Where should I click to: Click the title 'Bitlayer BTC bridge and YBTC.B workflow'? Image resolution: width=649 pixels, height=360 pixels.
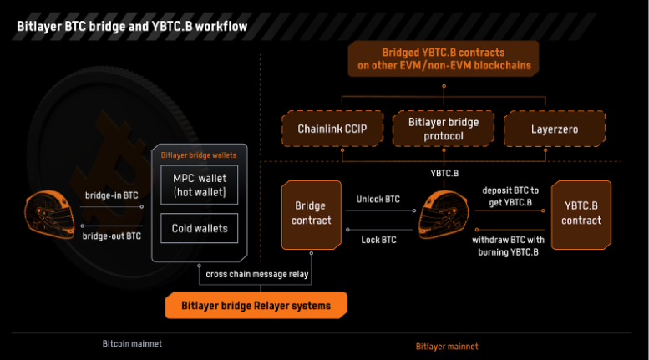132,27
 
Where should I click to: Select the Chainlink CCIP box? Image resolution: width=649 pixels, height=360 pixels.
332,129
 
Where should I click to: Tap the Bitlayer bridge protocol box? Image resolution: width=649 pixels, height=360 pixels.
444,129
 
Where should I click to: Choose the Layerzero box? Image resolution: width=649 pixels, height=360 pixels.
554,129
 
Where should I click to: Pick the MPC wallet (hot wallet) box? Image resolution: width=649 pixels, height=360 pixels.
199,185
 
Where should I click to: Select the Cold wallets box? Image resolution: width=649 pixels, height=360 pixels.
199,228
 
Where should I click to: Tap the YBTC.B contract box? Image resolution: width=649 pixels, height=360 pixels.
581,214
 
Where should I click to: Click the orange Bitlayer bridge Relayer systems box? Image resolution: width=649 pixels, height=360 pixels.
256,306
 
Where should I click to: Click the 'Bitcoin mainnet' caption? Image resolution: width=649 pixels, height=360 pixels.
132,343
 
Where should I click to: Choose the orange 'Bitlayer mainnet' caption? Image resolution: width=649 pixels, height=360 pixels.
448,346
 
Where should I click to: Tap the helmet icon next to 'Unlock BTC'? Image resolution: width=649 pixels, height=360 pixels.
444,213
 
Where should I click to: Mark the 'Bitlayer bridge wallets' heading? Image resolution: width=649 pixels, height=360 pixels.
199,155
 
